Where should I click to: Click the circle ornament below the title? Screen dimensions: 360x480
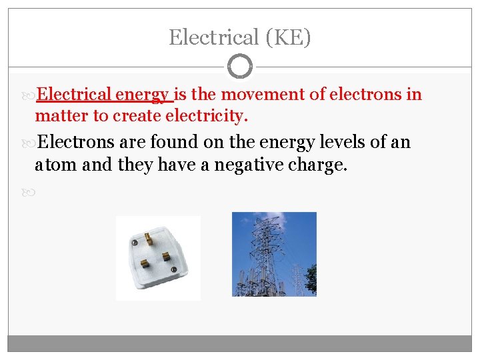pos(240,67)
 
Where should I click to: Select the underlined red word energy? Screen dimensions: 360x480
pos(142,95)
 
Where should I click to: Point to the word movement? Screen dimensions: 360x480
pos(257,95)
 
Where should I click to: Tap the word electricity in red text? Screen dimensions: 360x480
pos(210,116)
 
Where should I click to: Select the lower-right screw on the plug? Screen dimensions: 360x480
pos(175,269)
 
